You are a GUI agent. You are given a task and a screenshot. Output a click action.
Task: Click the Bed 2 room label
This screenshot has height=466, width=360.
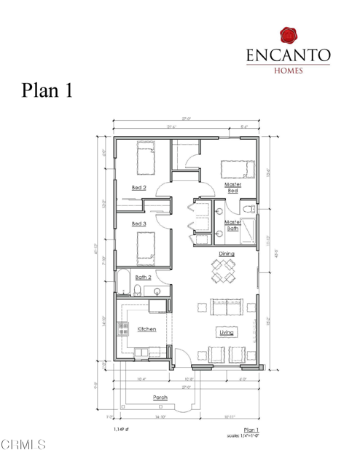point(138,188)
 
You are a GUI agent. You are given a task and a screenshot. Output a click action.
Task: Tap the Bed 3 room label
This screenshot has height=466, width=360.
point(138,224)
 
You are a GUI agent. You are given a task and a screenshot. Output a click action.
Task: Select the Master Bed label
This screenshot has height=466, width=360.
point(232,188)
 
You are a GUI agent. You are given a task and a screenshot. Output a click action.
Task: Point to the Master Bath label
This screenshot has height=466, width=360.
point(232,225)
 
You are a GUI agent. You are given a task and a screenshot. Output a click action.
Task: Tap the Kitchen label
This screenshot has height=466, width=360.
point(146,329)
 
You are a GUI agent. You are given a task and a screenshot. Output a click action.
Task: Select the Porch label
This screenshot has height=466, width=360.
point(160,397)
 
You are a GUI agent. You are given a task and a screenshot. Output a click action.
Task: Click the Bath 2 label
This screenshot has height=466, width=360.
point(144,277)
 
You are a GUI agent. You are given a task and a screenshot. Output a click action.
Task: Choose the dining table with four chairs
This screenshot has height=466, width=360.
point(224,272)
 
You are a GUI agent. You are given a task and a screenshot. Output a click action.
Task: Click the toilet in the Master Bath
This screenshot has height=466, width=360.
point(249,210)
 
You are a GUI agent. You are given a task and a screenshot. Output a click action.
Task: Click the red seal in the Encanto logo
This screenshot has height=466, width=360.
point(289,33)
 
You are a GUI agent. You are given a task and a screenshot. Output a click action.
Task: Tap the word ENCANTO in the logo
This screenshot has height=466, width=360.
point(289,55)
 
